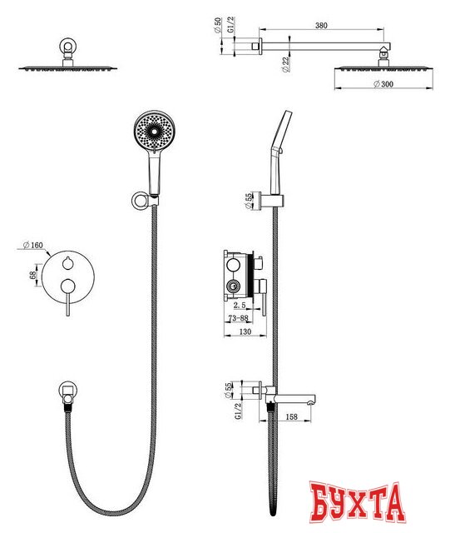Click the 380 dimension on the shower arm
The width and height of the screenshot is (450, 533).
pos(321,26)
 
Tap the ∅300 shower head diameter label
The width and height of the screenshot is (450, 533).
pos(383,84)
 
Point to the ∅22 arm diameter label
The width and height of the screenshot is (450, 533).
pos(285,64)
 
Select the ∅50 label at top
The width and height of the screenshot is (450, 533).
pos(218,25)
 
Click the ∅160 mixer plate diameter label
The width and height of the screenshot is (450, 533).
pos(33,245)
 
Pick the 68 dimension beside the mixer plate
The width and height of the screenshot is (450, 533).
pos(33,275)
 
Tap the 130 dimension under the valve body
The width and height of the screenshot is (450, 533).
pos(245,331)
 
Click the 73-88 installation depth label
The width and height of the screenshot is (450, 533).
pos(239,318)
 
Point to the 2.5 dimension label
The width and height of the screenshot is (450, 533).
pos(240,305)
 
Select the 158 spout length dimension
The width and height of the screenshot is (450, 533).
pos(292,416)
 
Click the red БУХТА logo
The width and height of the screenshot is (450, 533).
pos(358,502)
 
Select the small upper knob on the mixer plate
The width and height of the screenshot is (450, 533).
pos(68,263)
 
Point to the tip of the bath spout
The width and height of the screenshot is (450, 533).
pos(310,403)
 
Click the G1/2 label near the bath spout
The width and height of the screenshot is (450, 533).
pos(239,411)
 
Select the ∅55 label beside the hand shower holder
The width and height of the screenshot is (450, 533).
pos(249,201)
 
